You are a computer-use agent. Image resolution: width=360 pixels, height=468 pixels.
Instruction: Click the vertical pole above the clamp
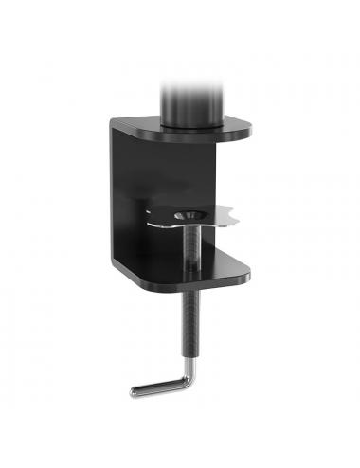[191, 95]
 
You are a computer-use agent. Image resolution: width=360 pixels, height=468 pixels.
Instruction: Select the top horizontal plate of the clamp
[180, 130]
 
